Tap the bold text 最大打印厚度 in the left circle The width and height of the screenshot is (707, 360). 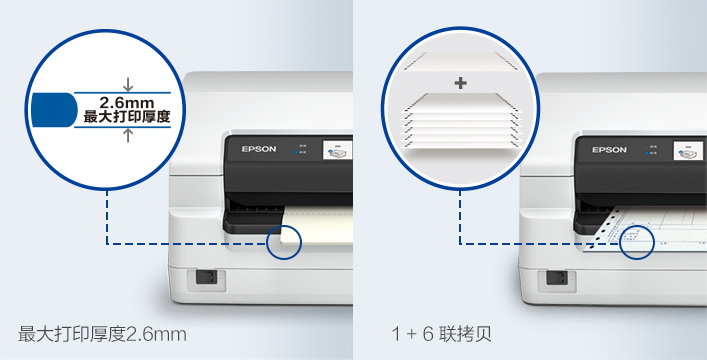coord(126,117)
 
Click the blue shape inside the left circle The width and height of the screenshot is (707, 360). coord(53,110)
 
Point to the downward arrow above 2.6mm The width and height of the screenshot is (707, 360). coord(127,84)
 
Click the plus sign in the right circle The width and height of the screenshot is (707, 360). coord(460,83)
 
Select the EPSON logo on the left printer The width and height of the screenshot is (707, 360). coord(256,149)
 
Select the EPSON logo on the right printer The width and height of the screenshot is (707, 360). coord(608,149)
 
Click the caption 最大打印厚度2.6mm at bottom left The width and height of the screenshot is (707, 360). coord(102,332)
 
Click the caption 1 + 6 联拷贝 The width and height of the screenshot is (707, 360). coord(441,332)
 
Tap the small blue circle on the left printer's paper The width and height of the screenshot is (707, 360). coord(285,241)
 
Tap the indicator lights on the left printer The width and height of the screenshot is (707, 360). coord(299,149)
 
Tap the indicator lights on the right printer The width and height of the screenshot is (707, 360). coord(651,149)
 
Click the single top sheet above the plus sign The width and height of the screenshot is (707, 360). coord(460,59)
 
